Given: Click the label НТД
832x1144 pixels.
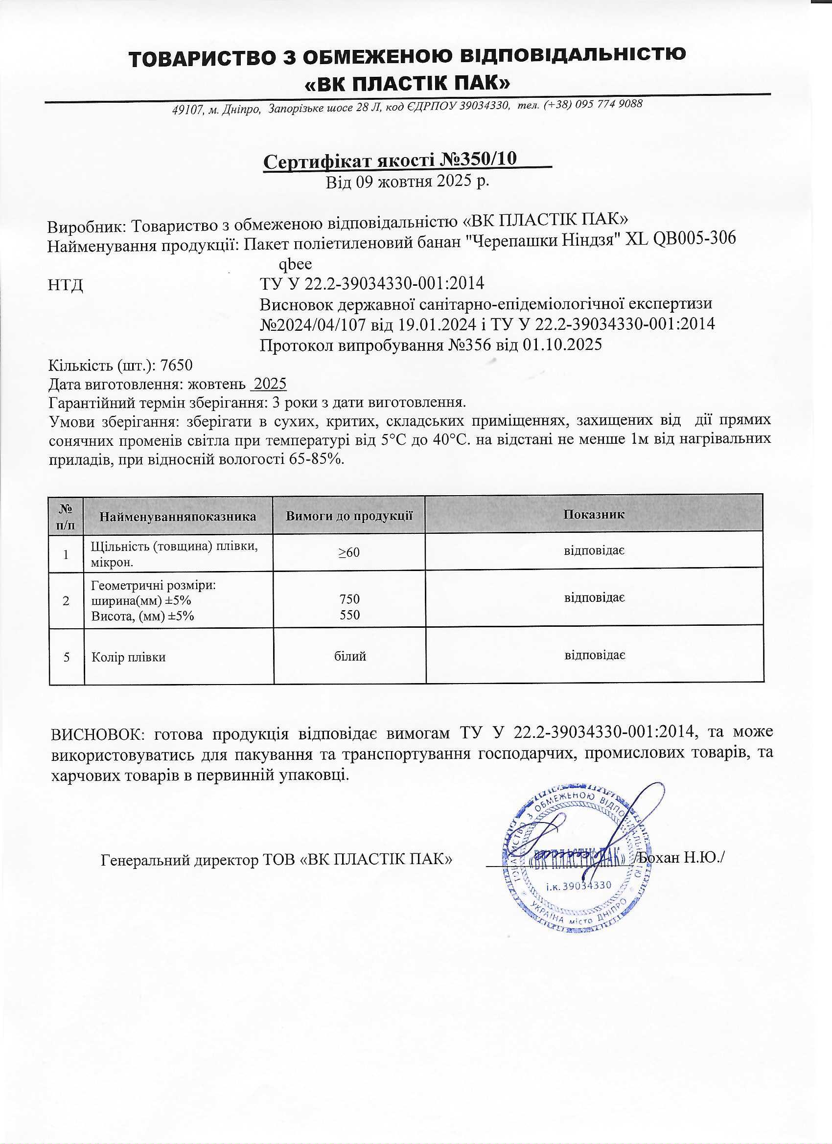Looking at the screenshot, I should pyautogui.click(x=66, y=285).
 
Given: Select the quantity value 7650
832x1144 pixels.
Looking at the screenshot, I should pyautogui.click(x=176, y=365).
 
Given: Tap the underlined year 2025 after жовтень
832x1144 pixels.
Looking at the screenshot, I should pyautogui.click(x=270, y=385).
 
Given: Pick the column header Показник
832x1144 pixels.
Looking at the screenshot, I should pyautogui.click(x=593, y=514).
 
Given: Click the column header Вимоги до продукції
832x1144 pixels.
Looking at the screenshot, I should pyautogui.click(x=349, y=516).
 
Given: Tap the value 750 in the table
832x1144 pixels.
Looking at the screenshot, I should pyautogui.click(x=349, y=599).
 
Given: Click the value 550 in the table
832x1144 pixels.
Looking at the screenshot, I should pyautogui.click(x=349, y=615).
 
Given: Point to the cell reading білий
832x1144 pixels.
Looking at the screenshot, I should pyautogui.click(x=349, y=656).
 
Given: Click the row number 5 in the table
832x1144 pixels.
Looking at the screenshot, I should pyautogui.click(x=67, y=657).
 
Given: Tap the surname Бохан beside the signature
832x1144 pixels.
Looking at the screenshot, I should pyautogui.click(x=658, y=857).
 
